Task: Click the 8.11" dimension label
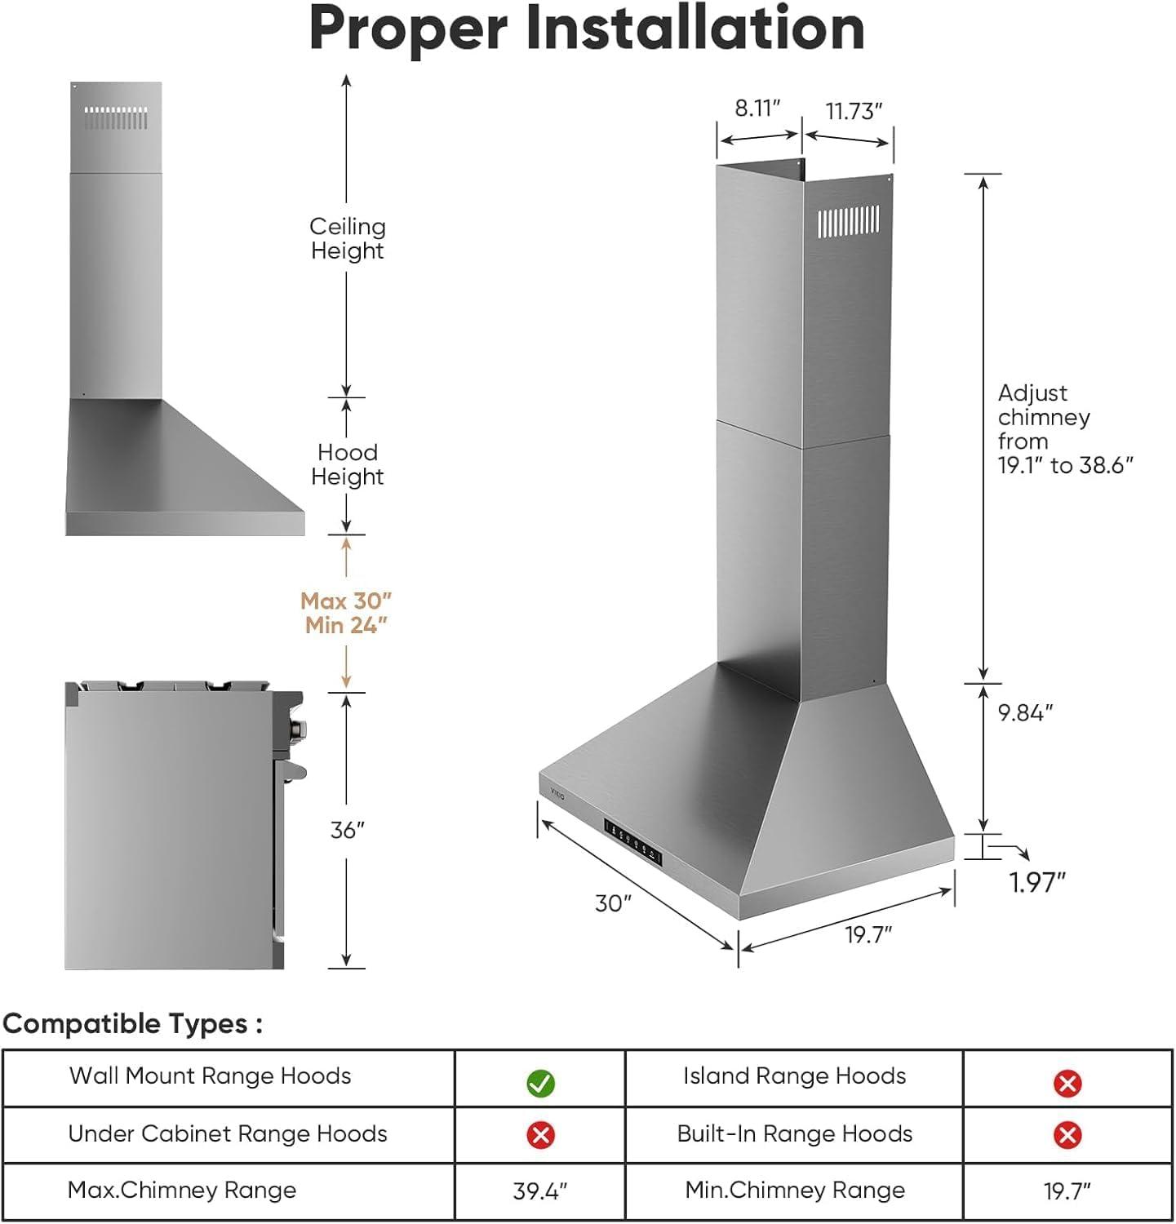tap(757, 109)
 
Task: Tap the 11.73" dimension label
tap(854, 111)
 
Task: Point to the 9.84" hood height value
tap(1025, 712)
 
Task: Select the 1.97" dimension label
tap(1037, 882)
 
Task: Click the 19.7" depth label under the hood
tap(868, 934)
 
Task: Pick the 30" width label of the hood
tap(613, 903)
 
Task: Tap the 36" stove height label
tap(347, 831)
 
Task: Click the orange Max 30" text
tap(346, 601)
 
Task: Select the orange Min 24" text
tap(346, 626)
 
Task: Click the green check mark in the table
tap(540, 1083)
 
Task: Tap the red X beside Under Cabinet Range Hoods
tap(540, 1134)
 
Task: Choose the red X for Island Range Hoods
tap(1067, 1083)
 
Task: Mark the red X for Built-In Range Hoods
tap(1067, 1134)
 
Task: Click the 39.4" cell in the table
tap(540, 1191)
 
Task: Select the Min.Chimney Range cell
tap(795, 1191)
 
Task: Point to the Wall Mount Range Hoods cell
tap(211, 1076)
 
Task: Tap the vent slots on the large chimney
tap(849, 221)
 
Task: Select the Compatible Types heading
tap(133, 1023)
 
